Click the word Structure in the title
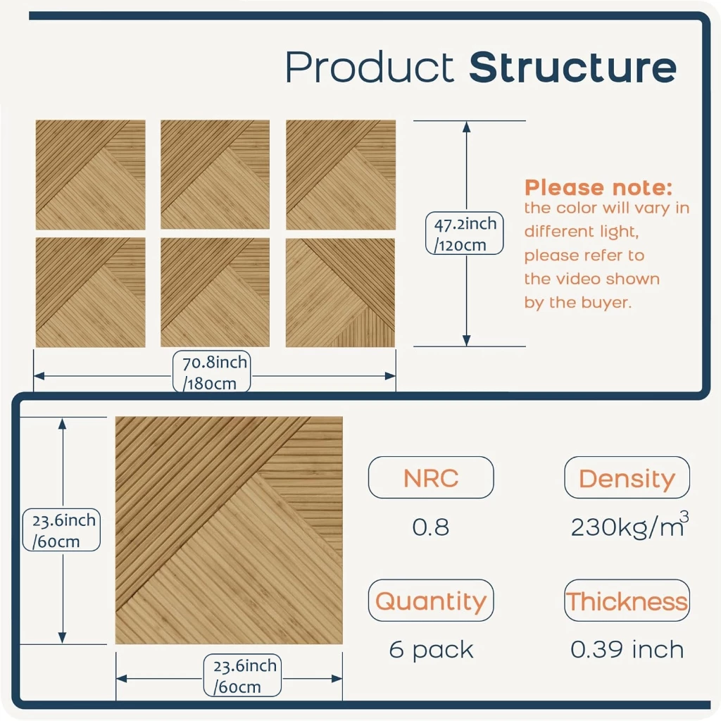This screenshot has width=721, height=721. coord(572,68)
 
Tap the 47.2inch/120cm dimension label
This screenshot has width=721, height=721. coord(465,234)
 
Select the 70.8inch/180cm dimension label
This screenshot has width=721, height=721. coord(211,372)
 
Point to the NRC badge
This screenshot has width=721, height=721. coord(431,478)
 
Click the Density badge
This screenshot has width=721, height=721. coord(627,478)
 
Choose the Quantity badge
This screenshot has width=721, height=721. coord(431,601)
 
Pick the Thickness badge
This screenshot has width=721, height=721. coord(627,601)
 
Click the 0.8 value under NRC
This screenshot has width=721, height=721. coord(431,527)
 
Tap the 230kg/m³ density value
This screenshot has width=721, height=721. coord(629,525)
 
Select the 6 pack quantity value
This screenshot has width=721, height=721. coord(431,650)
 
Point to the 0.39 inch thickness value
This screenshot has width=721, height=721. coord(627,649)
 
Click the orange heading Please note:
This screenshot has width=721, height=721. coord(598,187)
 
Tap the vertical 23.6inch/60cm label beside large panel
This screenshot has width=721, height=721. coord(62,529)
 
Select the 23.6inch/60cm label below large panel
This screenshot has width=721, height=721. coord(242,675)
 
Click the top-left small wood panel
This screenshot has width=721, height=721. coord(91,175)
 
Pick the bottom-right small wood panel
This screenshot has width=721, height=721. coord(340,292)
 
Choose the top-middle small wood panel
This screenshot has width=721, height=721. coord(215,175)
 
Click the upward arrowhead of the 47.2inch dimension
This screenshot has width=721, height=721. coord(466,127)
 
